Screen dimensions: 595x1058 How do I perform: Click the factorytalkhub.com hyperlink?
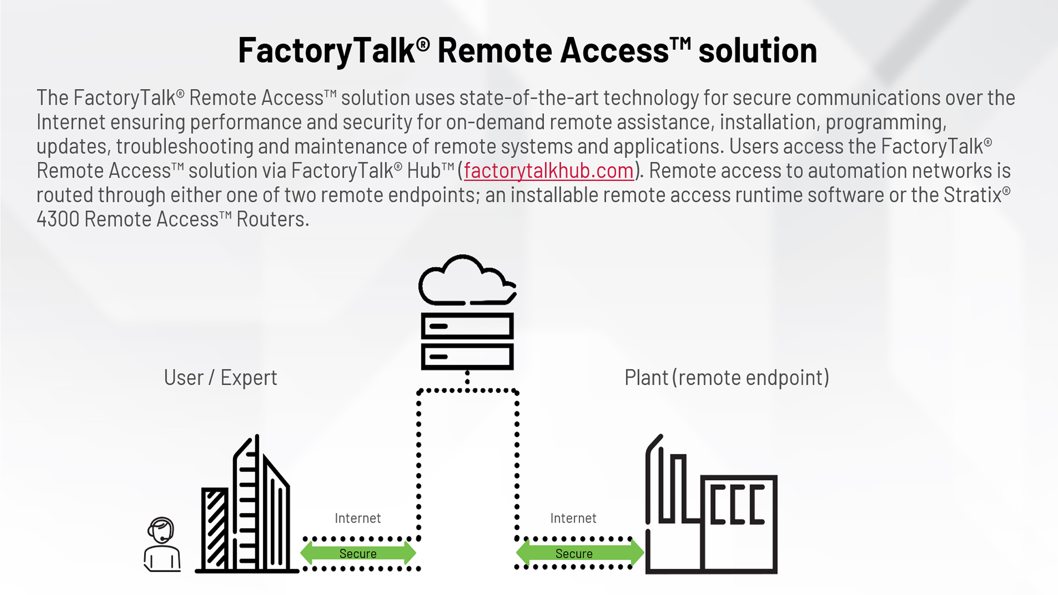coord(548,171)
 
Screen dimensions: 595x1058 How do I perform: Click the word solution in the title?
coord(757,51)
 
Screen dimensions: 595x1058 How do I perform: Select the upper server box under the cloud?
coord(467,326)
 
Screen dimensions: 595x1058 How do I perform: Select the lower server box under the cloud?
coord(467,356)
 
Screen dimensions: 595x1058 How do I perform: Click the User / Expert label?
coord(220,378)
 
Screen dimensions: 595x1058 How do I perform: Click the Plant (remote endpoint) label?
coord(726,378)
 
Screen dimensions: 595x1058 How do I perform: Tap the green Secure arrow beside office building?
coord(358,553)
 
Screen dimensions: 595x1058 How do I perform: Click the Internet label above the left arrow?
coord(358,518)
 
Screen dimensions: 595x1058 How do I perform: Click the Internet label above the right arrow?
coord(573,518)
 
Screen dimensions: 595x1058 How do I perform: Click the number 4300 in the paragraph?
coord(58,219)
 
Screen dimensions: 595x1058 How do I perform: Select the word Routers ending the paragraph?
coord(272,219)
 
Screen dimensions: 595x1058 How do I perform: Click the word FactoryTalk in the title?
coord(326,51)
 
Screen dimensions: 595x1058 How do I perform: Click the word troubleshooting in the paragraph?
coord(184,147)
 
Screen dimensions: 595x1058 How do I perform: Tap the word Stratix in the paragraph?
coord(972,195)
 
